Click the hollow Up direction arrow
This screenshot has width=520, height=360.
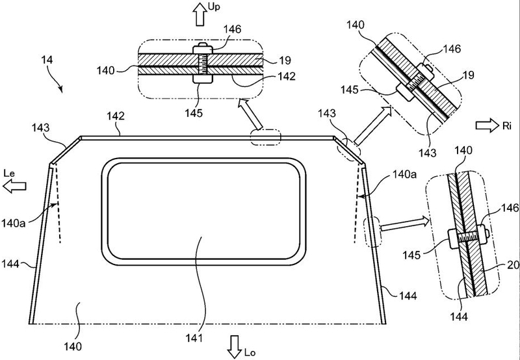point(200,14)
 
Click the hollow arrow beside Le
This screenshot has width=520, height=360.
point(14,186)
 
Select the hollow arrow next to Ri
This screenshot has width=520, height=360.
point(487,125)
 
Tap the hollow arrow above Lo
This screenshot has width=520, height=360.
point(235,347)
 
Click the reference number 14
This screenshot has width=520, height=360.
point(47,60)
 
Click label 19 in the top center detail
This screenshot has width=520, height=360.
point(284,60)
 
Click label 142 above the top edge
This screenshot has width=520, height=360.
point(116,116)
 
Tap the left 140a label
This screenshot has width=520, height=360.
point(13,223)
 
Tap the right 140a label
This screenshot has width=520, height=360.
point(404,174)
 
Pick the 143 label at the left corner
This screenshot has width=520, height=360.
point(40,127)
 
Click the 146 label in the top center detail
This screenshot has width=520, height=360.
point(232,29)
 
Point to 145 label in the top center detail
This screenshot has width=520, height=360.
point(194,113)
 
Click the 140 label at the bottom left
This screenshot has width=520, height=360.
point(72,347)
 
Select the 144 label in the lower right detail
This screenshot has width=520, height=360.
point(459,316)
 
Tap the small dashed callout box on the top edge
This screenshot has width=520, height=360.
point(265,137)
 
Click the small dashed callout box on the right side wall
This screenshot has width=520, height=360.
point(372,232)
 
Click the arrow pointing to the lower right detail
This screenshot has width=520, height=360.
point(405,225)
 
